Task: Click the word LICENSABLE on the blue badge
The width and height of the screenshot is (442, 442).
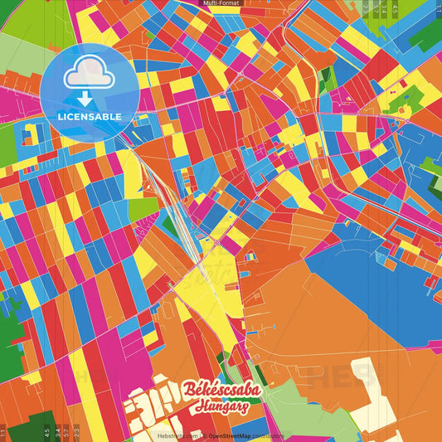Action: [x=90, y=116]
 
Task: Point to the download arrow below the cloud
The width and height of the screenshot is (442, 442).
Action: [x=89, y=98]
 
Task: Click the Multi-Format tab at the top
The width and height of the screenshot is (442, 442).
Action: [x=221, y=3]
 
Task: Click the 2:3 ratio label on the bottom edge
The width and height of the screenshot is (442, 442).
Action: [x=76, y=432]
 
